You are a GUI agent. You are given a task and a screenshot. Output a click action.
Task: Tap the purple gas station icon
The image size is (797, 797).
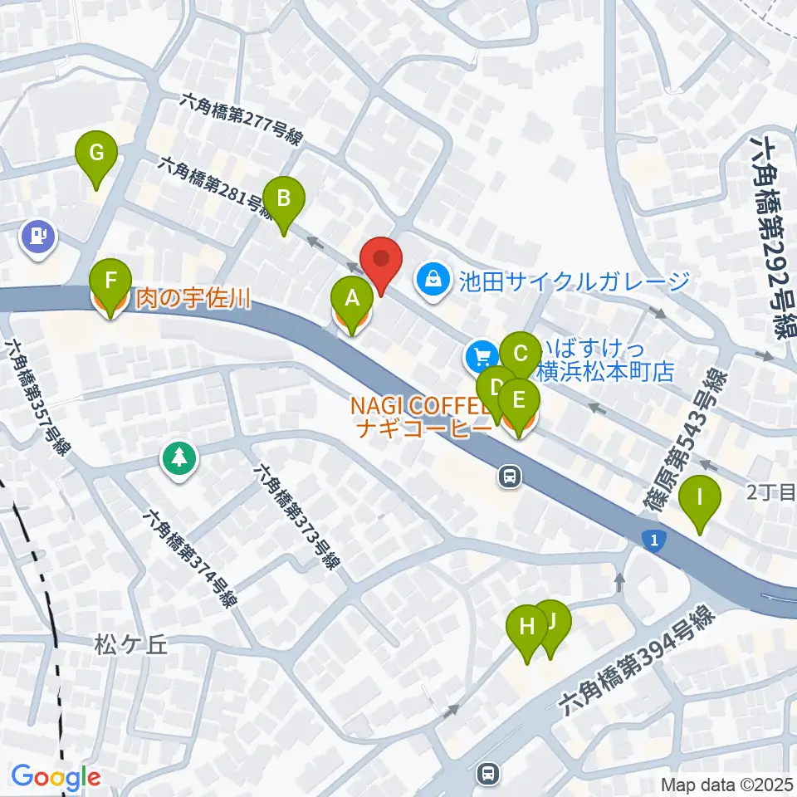(x=38, y=235)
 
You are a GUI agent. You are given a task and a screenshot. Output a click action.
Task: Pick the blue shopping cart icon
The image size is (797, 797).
(x=481, y=357)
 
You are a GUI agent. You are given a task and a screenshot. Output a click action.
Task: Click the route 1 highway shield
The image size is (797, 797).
(x=655, y=541)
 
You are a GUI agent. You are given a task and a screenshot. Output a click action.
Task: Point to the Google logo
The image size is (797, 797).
(x=56, y=778)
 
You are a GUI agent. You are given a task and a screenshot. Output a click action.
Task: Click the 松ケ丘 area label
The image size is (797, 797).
(x=130, y=644)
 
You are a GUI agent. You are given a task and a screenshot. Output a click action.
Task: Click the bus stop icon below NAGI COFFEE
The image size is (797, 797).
(x=509, y=476)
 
